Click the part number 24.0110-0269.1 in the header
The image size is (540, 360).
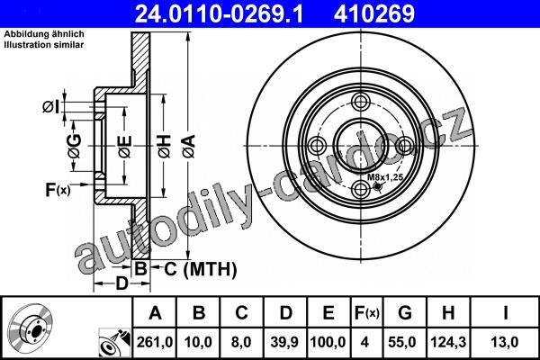coord(219,13)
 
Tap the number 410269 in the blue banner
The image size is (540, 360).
coord(374,13)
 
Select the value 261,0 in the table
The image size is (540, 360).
coord(155,342)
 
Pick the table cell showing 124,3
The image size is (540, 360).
coord(448,342)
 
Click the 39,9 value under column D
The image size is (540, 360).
coord(284,342)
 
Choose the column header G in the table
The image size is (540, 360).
coord(405,313)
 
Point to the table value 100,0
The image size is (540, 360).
coord(328,342)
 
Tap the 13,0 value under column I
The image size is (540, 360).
coord(505,342)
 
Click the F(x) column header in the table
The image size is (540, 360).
coord(367,313)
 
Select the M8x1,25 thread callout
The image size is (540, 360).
coord(385,177)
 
